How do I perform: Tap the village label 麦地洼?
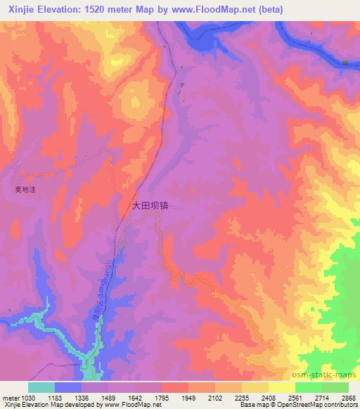pos(25,188)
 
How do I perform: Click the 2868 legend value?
pos(348,397)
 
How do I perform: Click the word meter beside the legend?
pos(9,397)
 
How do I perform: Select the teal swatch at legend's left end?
pos(41,387)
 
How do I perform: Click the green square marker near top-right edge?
pos(346,63)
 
